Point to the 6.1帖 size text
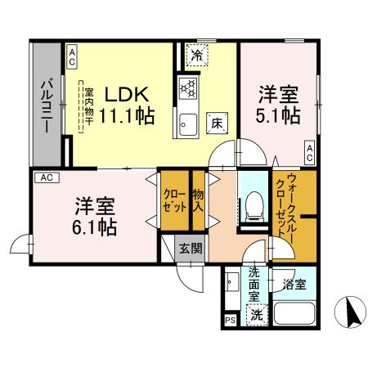[x=95, y=225]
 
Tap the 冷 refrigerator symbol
[x=197, y=56]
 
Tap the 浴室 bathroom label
[x=294, y=285]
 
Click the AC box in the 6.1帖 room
[x=46, y=177]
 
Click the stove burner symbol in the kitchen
[x=187, y=88]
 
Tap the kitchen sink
[x=187, y=124]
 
